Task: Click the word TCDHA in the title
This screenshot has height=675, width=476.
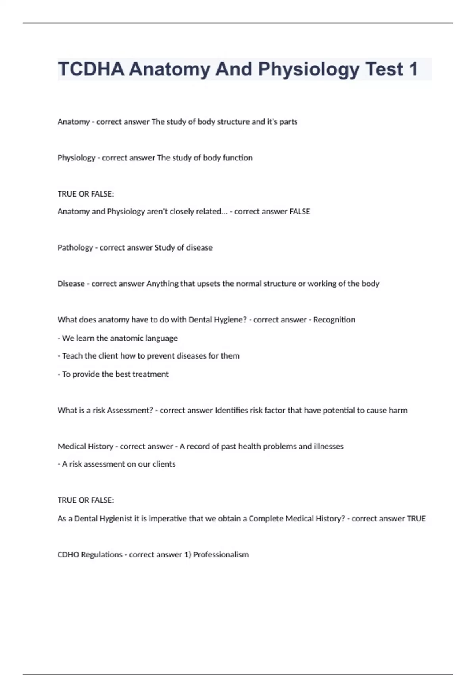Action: [x=91, y=69]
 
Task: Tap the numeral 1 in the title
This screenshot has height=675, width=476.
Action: [x=413, y=69]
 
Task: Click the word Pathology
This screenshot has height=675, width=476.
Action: [x=75, y=248]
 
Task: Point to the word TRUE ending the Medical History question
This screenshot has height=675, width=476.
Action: [x=416, y=519]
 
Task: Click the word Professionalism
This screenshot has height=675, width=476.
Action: [x=221, y=555]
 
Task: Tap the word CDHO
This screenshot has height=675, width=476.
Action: [x=68, y=555]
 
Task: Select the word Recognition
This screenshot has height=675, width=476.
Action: [x=334, y=320]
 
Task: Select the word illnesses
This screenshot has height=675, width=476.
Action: [x=328, y=447]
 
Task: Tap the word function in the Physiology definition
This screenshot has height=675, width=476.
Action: [x=238, y=158]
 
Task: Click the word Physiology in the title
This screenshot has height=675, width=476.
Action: [x=309, y=69]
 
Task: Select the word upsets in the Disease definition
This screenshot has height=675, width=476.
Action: [x=208, y=284]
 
